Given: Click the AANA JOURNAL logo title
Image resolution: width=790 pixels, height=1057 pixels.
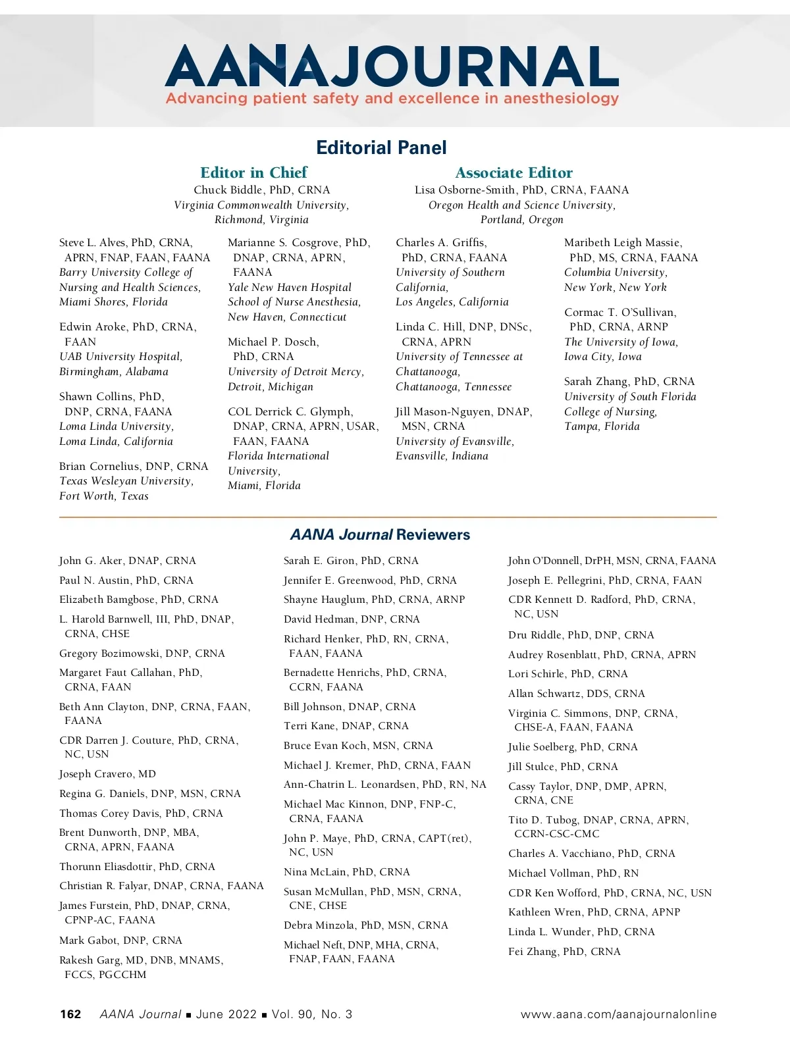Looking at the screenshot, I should click(x=391, y=66).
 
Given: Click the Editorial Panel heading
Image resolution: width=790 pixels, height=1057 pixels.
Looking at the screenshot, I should click(x=381, y=147).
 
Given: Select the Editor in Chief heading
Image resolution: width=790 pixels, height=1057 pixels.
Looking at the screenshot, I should click(x=253, y=172).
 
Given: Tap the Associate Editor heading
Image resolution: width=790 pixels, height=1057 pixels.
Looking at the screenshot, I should click(x=513, y=172).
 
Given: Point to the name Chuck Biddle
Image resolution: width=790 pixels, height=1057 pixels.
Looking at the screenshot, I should click(x=228, y=190).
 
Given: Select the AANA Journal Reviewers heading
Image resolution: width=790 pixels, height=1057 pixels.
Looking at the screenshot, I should click(x=380, y=534).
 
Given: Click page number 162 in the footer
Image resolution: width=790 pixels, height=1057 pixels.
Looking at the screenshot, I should click(x=70, y=1014).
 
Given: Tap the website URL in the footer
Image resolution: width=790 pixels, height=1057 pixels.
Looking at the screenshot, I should click(x=618, y=1014).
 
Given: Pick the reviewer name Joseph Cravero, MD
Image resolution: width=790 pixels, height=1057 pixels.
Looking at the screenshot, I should click(x=107, y=774).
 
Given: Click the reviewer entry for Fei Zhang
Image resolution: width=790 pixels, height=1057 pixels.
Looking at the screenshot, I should click(x=564, y=952).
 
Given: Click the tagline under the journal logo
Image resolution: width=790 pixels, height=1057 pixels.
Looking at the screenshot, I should click(x=392, y=99).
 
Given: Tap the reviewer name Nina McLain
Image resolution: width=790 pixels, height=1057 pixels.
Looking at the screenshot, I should click(x=346, y=872).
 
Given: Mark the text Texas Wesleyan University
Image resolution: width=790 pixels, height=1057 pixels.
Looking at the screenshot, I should click(x=126, y=481).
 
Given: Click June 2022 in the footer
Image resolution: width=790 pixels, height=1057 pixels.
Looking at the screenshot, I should click(x=226, y=1014).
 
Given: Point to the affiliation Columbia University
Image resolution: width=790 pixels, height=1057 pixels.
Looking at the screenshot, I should click(x=615, y=272).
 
